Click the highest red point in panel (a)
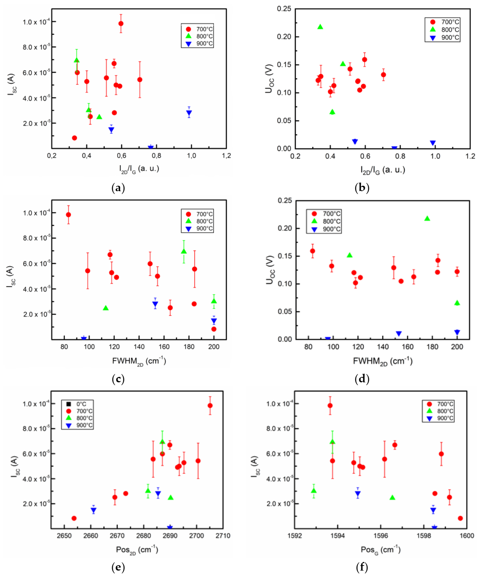point(121,24)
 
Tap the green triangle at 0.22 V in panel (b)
point(320,27)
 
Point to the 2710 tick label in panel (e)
point(223,536)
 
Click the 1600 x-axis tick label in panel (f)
point(466,536)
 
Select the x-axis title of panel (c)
point(139,361)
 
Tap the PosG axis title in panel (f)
point(380,550)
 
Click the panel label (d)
point(362,379)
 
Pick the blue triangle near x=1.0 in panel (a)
point(189,113)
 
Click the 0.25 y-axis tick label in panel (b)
point(284,9)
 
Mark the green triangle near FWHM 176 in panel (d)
point(427,219)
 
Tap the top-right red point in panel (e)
point(210,406)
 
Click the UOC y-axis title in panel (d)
point(271,270)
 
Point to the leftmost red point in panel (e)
point(74,518)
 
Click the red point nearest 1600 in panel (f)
point(460,518)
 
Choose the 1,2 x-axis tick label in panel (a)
point(226,156)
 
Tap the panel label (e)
point(118,567)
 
